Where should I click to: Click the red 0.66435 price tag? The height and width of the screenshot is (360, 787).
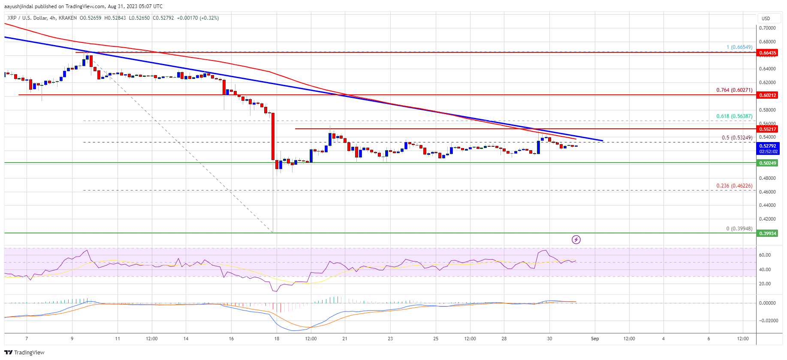pos(768,53)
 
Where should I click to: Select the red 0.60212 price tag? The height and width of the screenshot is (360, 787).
pos(768,95)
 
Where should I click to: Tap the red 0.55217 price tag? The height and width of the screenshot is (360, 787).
pos(768,129)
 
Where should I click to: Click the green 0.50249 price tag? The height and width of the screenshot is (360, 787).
pos(768,163)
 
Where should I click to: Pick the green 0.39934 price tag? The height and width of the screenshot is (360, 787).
pos(768,233)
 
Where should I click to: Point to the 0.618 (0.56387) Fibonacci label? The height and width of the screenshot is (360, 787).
pos(734,116)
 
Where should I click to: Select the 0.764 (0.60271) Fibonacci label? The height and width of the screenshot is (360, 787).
pos(734,90)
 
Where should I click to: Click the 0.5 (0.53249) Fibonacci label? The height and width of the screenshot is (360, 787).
pos(737,138)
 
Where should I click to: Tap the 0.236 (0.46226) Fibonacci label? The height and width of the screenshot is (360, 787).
pos(734,186)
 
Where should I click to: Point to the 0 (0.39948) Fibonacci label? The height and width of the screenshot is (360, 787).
pos(739,229)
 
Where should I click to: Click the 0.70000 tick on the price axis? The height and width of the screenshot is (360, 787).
pos(767,28)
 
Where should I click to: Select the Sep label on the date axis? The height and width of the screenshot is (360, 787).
pos(595,339)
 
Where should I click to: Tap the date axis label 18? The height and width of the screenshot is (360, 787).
pos(277,339)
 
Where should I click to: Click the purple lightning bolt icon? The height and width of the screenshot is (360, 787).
pos(576,239)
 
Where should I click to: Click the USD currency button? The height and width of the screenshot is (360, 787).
pos(766,18)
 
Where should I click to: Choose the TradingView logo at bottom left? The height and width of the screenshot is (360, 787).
pos(25,352)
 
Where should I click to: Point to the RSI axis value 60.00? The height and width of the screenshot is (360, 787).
pos(765,255)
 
